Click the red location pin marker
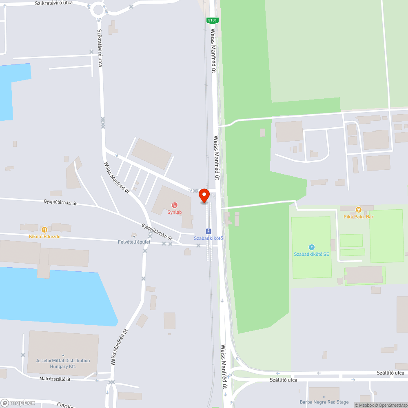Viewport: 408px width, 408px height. tap(204, 196)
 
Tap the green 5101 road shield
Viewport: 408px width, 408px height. tap(212, 20)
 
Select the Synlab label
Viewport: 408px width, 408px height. tap(174, 212)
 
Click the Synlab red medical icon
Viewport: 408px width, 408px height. tap(175, 205)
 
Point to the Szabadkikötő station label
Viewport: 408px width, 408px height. tap(208, 238)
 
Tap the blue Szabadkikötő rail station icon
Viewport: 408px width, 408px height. tap(208, 231)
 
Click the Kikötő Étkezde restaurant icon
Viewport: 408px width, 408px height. tap(44, 230)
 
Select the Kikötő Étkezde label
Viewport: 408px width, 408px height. tap(44, 236)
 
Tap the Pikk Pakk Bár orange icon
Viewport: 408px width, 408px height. tap(358, 210)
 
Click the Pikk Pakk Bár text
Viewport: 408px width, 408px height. tap(358, 217)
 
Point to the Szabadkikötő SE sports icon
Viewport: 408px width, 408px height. tap(312, 247)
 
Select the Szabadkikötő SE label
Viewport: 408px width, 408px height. tap(312, 254)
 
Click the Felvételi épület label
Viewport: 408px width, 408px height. tap(134, 242)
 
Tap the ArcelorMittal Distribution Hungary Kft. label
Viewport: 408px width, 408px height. tap(63, 364)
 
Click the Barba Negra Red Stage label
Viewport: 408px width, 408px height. tap(324, 402)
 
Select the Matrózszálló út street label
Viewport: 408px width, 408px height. tap(55, 379)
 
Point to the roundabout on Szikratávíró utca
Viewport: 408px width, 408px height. tap(98, 9)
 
